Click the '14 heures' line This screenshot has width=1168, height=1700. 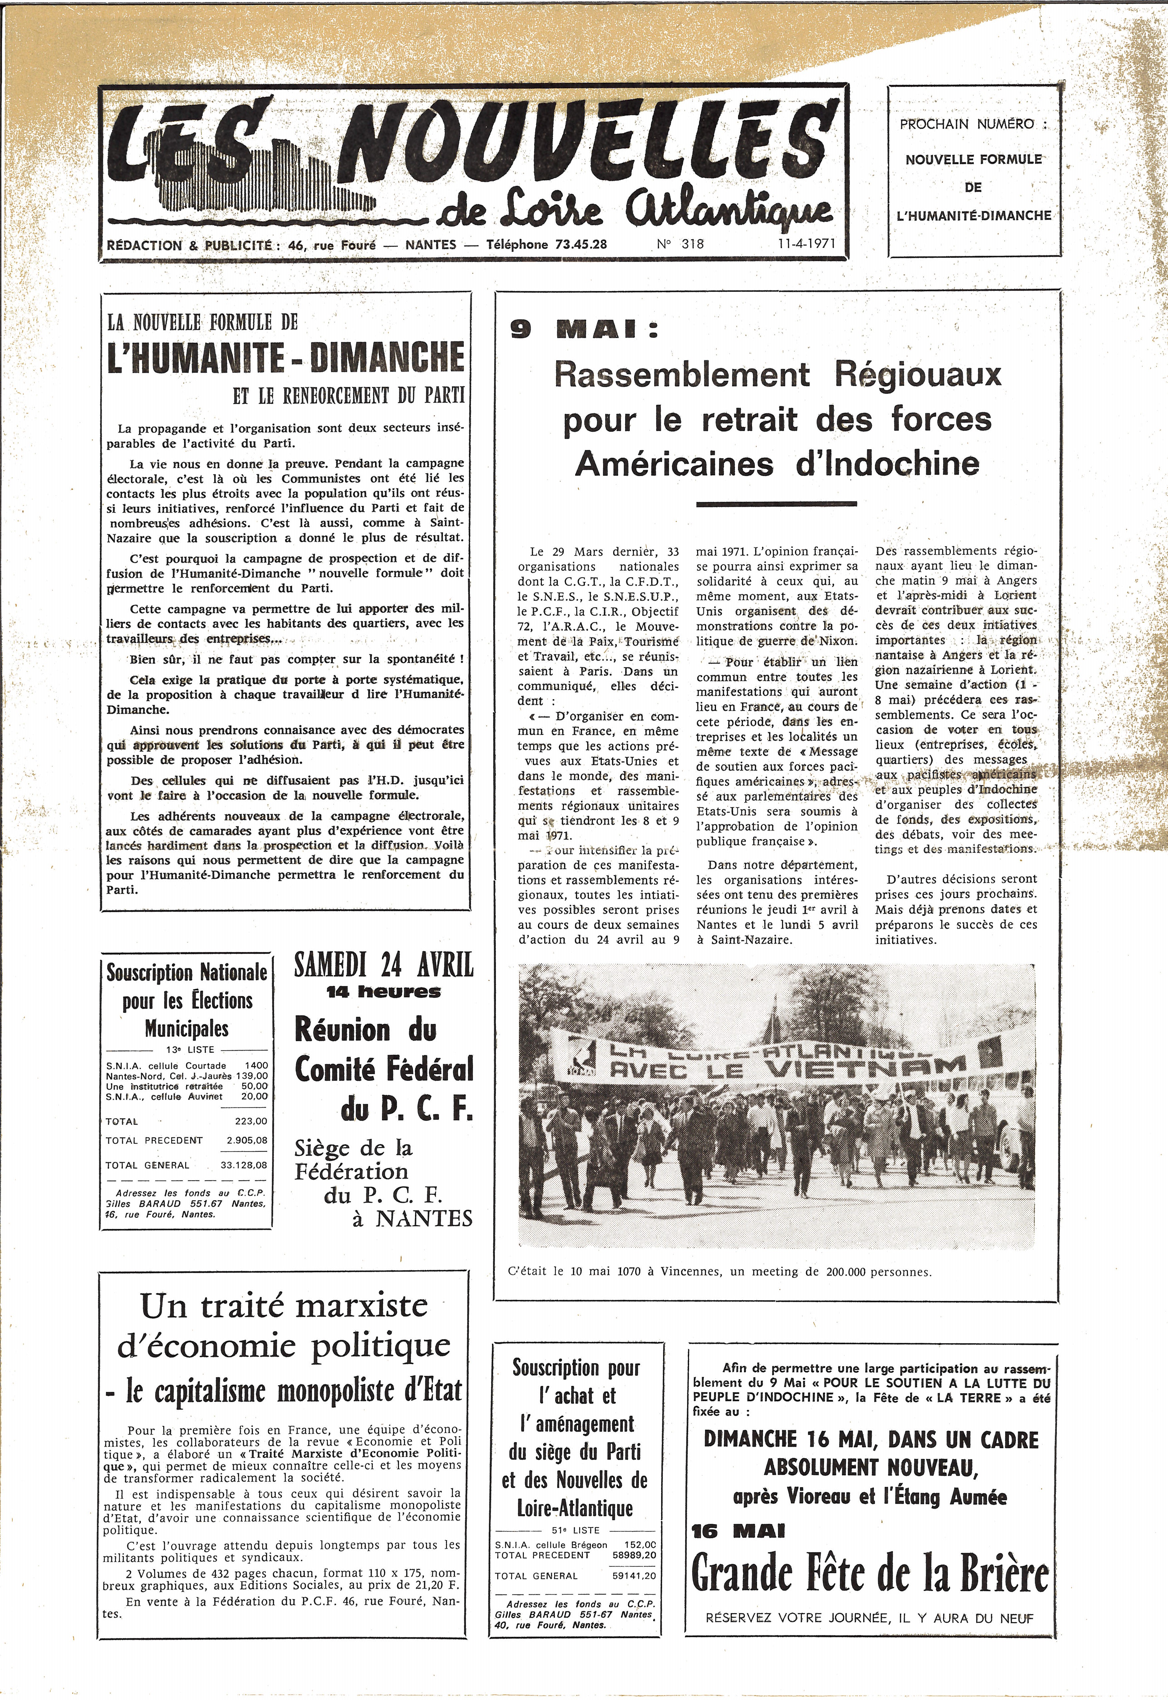(x=383, y=992)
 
